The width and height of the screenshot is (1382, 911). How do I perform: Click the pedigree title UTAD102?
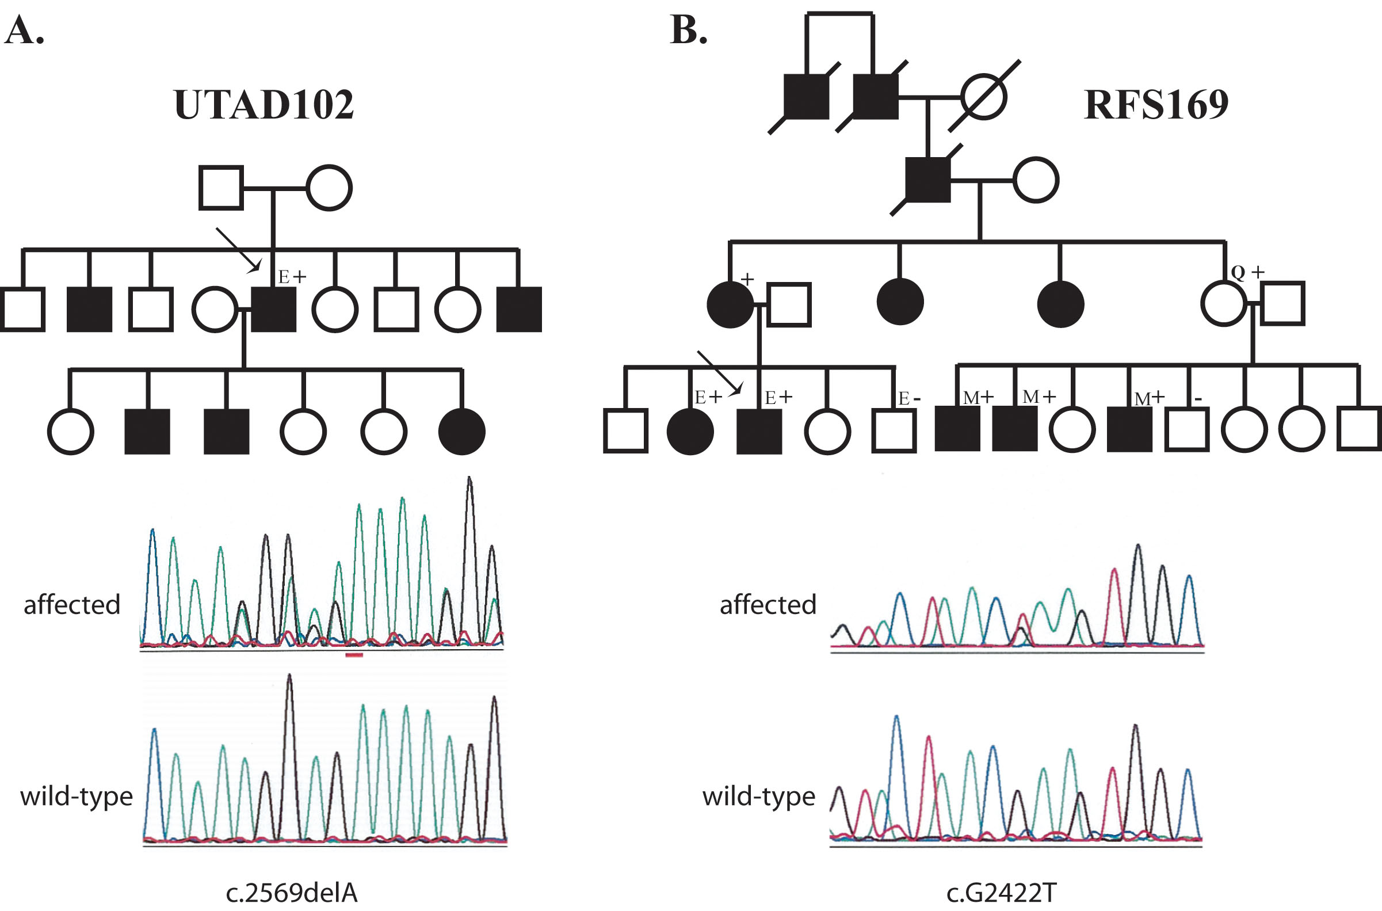click(264, 105)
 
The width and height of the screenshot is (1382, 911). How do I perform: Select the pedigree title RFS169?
click(1156, 105)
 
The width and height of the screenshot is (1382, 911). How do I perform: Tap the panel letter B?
click(688, 30)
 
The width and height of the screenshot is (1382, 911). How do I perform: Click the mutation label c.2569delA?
click(291, 893)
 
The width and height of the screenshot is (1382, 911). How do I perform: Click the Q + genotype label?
click(1247, 272)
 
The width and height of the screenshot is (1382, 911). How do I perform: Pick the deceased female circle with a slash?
click(983, 97)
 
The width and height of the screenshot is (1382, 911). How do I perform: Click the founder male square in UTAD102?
click(222, 188)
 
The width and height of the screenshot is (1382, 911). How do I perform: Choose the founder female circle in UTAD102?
click(329, 188)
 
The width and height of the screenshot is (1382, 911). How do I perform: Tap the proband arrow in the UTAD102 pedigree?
click(238, 250)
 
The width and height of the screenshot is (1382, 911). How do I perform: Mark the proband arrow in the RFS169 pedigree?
click(719, 373)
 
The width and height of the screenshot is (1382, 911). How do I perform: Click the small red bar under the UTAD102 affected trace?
click(354, 655)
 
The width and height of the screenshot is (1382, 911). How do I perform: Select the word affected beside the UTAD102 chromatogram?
click(72, 605)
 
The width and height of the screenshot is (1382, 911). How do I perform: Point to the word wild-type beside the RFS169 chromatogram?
click(759, 796)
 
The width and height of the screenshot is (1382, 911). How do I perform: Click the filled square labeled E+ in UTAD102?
click(274, 309)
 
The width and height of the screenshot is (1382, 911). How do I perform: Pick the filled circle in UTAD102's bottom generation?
click(462, 431)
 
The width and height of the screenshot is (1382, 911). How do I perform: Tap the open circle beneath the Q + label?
click(1223, 304)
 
